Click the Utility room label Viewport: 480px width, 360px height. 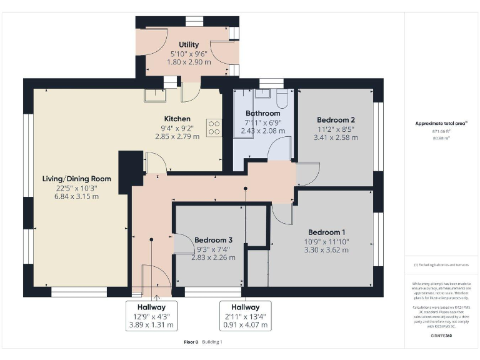pos(188,44)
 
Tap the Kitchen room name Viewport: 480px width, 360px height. pos(177,119)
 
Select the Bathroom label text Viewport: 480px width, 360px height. pos(262,113)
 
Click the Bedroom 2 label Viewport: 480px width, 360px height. pos(336,120)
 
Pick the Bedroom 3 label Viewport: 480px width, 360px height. pos(213,240)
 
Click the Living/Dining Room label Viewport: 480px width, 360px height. pos(71,179)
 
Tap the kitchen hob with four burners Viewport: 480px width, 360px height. pos(214,127)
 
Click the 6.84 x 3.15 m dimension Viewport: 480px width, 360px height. pos(71,196)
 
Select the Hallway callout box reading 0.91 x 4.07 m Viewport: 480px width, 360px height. pos(245,316)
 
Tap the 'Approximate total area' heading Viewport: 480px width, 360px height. pos(441,123)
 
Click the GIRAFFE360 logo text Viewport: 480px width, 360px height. pos(441,336)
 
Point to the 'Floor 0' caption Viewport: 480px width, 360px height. pos(191,342)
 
